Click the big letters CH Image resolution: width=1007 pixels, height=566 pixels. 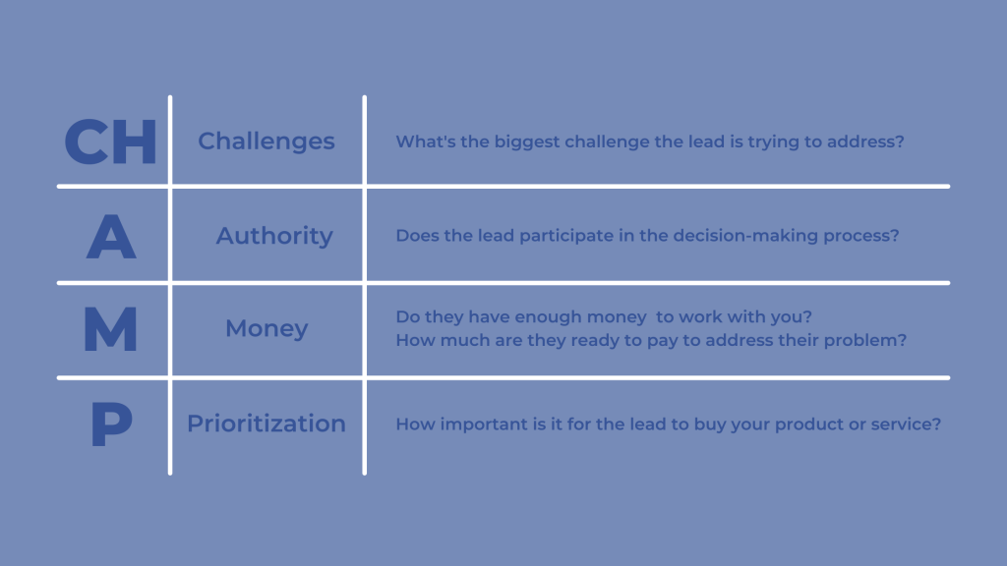pyautogui.click(x=110, y=141)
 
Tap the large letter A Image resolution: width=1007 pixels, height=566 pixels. pyautogui.click(x=110, y=236)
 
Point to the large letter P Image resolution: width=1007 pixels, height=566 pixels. pyautogui.click(x=110, y=424)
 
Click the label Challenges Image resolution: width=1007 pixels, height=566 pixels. pyautogui.click(x=267, y=141)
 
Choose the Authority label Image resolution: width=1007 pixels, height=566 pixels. pyautogui.click(x=274, y=236)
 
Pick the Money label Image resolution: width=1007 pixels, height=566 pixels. pyautogui.click(x=267, y=328)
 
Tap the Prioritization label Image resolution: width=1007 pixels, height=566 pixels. pyautogui.click(x=267, y=424)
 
